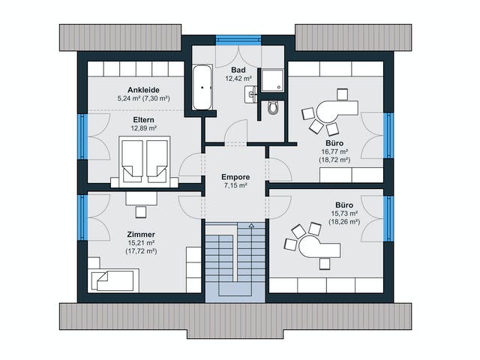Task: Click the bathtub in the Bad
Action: point(202,87)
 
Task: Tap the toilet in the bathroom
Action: point(272,107)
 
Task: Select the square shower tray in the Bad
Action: point(272,80)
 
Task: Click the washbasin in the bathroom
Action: point(250,94)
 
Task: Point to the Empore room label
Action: point(235,177)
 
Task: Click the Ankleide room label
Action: point(143,90)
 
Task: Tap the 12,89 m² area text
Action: point(143,128)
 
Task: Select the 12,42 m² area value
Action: point(238,78)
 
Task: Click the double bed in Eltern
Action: point(145,162)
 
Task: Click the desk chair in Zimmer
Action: point(141,212)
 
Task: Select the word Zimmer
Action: point(141,235)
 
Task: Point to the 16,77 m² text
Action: point(334,151)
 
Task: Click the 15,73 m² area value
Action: point(344,213)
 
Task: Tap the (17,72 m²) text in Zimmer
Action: point(141,251)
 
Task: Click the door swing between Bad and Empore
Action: point(235,131)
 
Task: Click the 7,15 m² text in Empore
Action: point(235,185)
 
